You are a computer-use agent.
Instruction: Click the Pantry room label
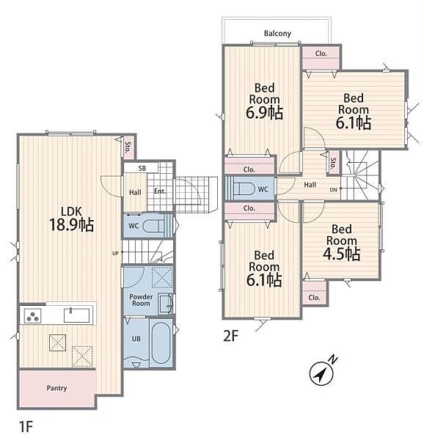coord(56,388)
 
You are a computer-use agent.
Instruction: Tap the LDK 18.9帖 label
coord(72,219)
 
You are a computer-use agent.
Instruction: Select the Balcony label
coord(277,34)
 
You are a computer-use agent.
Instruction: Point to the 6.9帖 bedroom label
coord(264,101)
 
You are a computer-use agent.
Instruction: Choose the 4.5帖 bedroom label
coord(342,243)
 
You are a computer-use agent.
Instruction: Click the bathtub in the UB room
coord(161,342)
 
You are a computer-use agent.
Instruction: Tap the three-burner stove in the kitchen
coord(33,315)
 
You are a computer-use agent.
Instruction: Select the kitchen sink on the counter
coord(76,315)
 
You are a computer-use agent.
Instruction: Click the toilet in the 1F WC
coord(153,226)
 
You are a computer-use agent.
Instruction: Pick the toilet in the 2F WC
coord(244,189)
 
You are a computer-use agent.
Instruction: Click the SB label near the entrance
coord(142,169)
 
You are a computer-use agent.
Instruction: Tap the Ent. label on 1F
coord(160,191)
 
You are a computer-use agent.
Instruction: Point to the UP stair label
coord(115,253)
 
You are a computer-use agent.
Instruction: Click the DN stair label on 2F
coord(333,190)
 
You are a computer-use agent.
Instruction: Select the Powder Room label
coord(141,300)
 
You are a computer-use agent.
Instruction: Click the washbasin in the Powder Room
coord(165,304)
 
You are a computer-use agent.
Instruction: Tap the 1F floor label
coord(26,427)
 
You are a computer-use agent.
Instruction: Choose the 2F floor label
coord(230,336)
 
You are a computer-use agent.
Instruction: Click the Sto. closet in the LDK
coord(128,147)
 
